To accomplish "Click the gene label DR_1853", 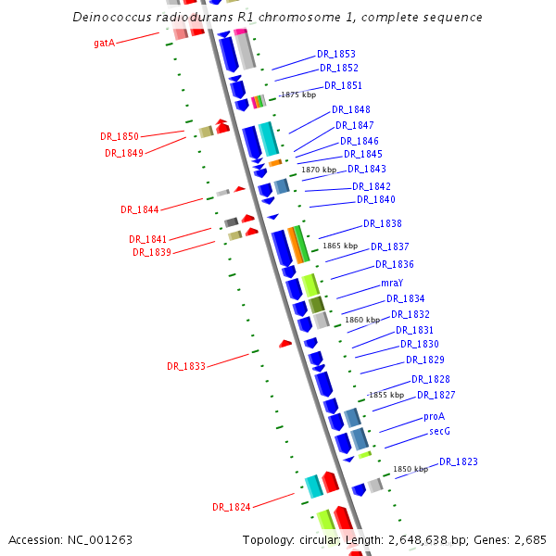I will (x=335, y=54).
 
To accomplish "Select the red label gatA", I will (x=105, y=43).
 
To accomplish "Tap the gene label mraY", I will (x=392, y=283).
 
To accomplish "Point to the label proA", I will (x=434, y=417).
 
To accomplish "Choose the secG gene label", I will (x=439, y=432).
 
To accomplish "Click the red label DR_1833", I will (x=186, y=366).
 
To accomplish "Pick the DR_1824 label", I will (x=231, y=507).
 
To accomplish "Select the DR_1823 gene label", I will (x=459, y=461).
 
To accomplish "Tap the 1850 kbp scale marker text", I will (x=411, y=470).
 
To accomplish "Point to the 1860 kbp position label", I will (x=362, y=320).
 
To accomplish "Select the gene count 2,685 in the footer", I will (x=530, y=539).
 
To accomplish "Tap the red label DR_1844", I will (x=139, y=209).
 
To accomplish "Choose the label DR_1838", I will (x=382, y=223).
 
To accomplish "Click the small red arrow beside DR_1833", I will (x=285, y=344).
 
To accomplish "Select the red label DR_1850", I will (x=120, y=136).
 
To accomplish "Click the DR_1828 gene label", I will (x=431, y=380).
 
